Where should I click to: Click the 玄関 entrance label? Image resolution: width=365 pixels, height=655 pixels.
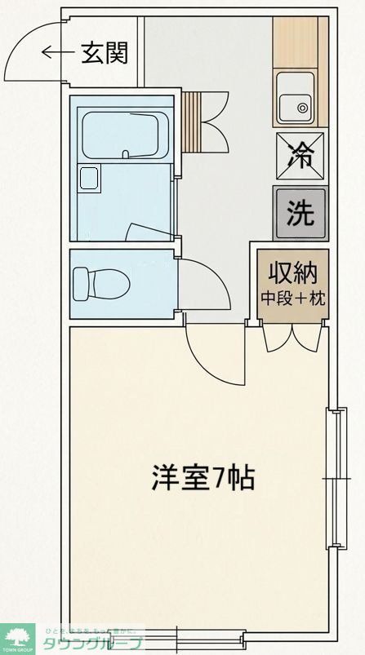(x=105, y=54)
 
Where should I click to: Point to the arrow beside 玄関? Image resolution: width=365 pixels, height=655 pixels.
(x=57, y=54)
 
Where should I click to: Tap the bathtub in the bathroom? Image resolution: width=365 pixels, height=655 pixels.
(x=122, y=134)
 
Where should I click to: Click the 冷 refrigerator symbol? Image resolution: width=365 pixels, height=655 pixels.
(x=300, y=153)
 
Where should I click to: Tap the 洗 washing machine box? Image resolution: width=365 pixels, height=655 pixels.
(x=300, y=211)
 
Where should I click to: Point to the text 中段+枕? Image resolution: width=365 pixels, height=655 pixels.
(x=293, y=298)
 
